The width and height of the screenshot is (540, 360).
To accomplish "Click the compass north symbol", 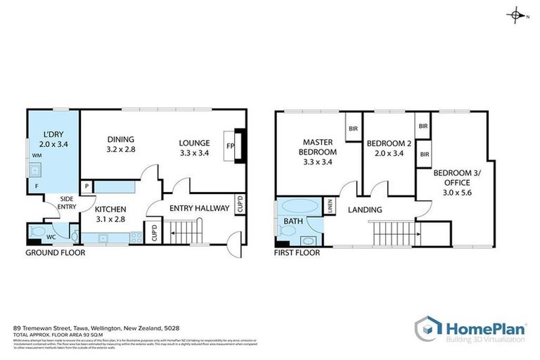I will tap(517, 15).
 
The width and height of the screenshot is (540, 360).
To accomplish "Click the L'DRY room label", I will tap(51, 134).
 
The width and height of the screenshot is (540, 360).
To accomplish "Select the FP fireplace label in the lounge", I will tap(229, 146).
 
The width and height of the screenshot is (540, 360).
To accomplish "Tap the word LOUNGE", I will tap(195, 143).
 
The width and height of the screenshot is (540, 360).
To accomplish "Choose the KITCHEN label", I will tap(110, 209).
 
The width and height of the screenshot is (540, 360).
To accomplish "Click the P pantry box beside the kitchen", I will tap(86, 186).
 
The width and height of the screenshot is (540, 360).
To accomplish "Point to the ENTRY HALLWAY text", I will tap(200, 208).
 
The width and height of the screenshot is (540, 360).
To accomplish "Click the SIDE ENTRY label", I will tap(66, 203).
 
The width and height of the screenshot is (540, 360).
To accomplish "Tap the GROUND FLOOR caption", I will tap(55, 252).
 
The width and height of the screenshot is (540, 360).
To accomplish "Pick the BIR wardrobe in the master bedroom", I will tap(352, 129).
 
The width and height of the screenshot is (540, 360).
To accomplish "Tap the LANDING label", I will tap(364, 210).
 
